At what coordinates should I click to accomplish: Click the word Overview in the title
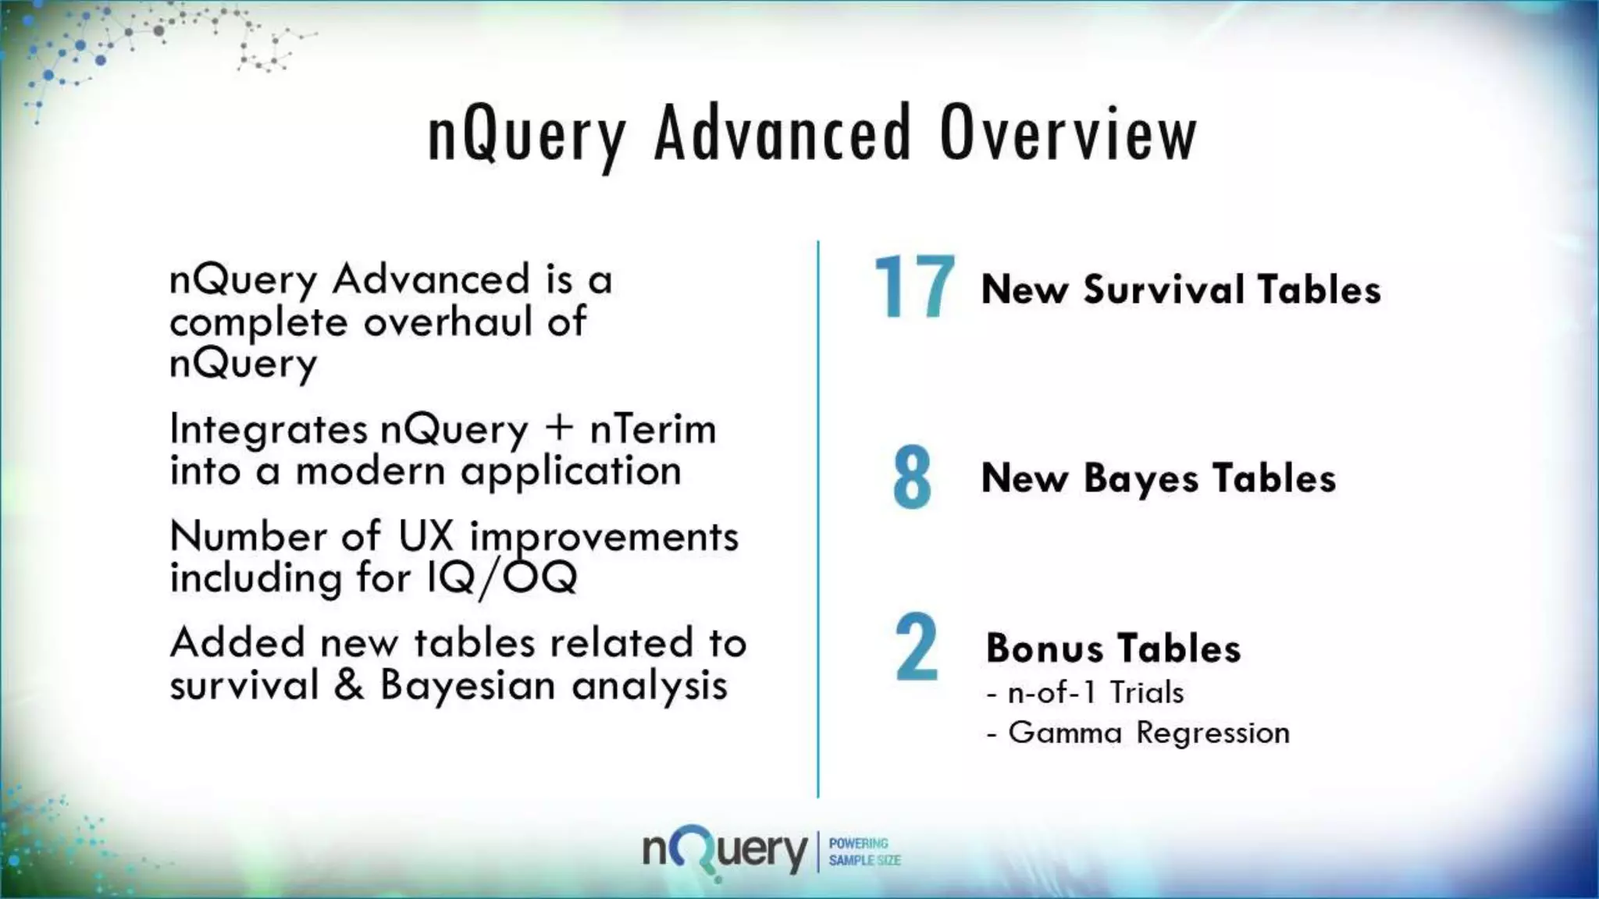point(1068,134)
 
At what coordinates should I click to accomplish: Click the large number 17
point(913,288)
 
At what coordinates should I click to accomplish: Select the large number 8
point(912,478)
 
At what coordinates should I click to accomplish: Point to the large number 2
point(916,648)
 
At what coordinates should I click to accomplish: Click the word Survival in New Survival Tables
point(1163,290)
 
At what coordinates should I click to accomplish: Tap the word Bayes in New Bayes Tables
point(1140,478)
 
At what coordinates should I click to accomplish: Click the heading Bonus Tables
point(1113,648)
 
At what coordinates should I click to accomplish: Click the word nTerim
point(653,429)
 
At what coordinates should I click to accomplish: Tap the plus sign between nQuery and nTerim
point(559,428)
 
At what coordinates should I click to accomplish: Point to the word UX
point(426,536)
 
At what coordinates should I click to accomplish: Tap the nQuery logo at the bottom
point(724,851)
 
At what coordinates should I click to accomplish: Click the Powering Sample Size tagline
point(864,851)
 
